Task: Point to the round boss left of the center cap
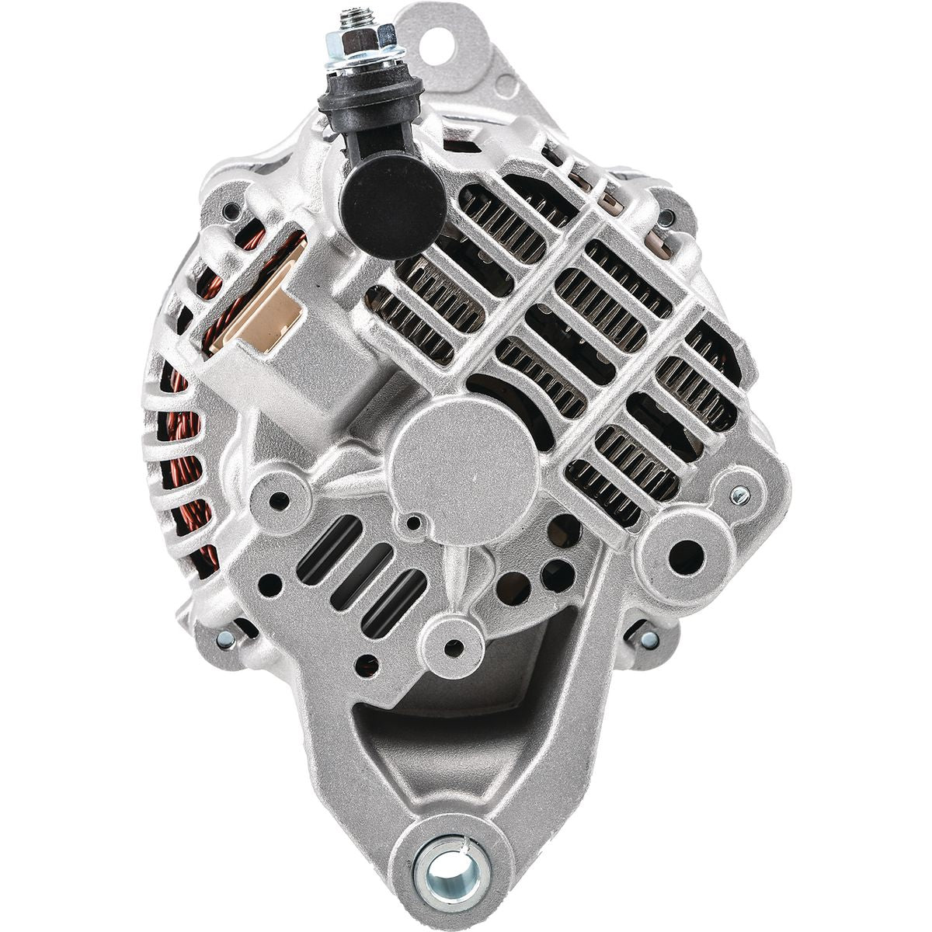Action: [277, 493]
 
